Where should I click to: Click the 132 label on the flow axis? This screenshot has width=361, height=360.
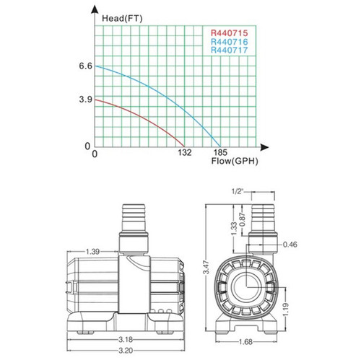click(184, 154)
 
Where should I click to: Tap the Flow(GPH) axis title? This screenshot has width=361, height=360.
click(234, 163)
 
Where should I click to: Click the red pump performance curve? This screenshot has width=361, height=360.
click(144, 116)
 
